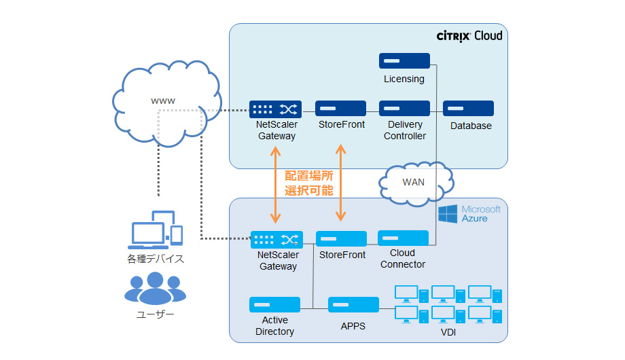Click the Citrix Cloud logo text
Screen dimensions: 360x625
(469, 35)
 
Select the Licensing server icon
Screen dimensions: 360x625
(404, 61)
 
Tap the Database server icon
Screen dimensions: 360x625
(468, 109)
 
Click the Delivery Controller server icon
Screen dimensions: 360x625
(404, 109)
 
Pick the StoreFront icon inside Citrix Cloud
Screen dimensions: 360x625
(340, 109)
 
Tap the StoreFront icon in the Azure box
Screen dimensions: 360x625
(341, 239)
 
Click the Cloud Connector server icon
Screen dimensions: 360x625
(404, 238)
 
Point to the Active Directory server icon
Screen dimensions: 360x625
(274, 305)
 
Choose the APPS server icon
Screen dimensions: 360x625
(353, 305)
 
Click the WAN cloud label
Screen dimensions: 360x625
(414, 183)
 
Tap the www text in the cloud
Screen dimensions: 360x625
(163, 101)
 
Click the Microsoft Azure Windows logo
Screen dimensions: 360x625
(447, 214)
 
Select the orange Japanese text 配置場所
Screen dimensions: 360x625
(308, 175)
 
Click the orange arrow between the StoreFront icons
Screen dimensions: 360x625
(341, 182)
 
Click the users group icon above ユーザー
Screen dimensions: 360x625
(155, 289)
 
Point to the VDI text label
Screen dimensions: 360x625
(448, 332)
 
